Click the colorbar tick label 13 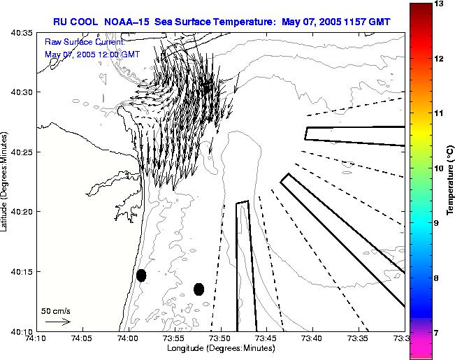tap(440, 4)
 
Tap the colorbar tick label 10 tap(440, 168)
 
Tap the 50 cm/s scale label tap(55, 310)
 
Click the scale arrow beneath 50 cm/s tap(57, 322)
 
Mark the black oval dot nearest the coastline tap(141, 275)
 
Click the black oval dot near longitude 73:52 tap(198, 289)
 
